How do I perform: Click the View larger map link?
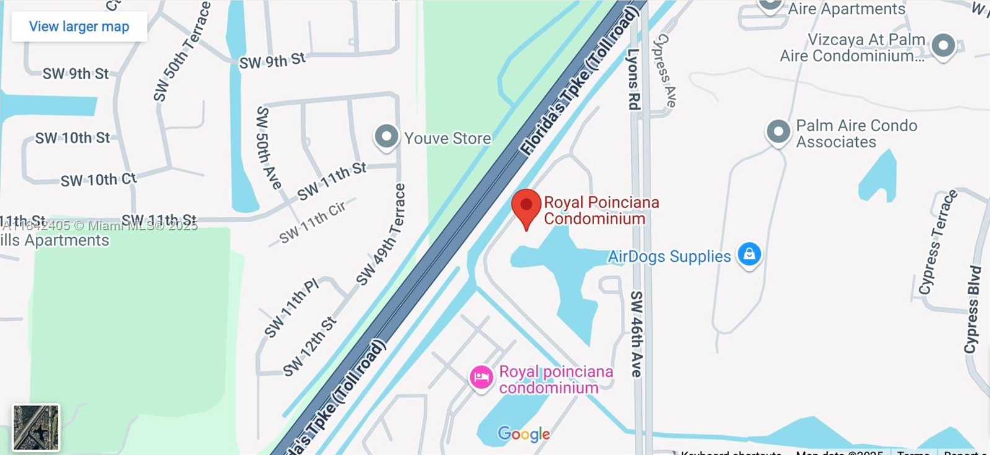coord(79,27)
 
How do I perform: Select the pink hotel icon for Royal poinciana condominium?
coord(481,377)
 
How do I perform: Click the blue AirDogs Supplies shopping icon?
coord(749,254)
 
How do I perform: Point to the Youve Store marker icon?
coord(387,136)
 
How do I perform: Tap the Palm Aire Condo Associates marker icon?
coord(778,131)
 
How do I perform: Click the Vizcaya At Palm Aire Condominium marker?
coord(943,45)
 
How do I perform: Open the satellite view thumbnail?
coord(36,427)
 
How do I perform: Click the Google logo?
coord(523,434)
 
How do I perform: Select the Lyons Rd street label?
coord(633,79)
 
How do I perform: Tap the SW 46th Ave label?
coord(636,334)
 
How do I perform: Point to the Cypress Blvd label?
coord(973,310)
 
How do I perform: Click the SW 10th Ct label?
coord(98,180)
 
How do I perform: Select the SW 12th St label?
coord(310,347)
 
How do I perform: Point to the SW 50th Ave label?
coord(268,147)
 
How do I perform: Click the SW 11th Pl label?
coord(291,308)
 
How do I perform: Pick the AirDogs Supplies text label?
coord(669,256)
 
